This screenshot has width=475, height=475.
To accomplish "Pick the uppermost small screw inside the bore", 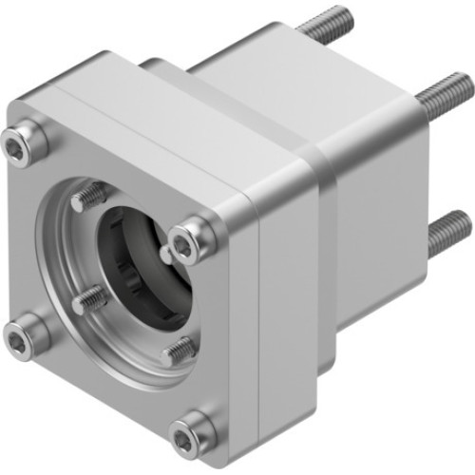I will point(89,197).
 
